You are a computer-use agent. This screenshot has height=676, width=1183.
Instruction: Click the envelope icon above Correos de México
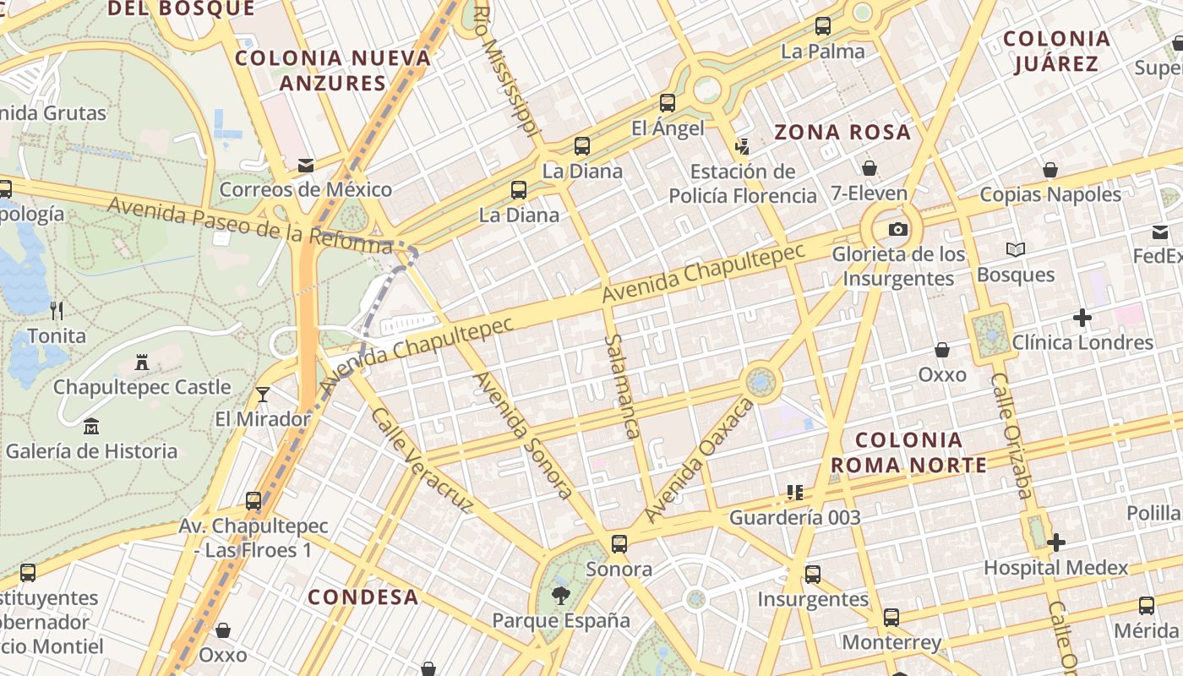point(306,166)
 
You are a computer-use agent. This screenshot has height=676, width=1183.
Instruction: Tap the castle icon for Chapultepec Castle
point(142,363)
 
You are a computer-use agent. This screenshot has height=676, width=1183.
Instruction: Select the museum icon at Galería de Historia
point(91,427)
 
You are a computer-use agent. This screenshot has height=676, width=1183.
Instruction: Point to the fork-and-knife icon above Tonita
point(57,310)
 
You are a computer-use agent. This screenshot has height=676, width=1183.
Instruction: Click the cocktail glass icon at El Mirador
point(263,395)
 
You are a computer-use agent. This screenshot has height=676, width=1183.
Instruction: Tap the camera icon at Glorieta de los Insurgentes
point(897,230)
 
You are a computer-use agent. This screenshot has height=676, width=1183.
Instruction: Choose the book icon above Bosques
point(1015,250)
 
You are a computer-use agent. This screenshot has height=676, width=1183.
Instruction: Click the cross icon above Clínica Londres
point(1082,318)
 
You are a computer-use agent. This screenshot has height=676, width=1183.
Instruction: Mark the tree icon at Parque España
point(560,596)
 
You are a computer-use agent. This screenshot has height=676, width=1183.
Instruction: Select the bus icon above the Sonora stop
point(619,543)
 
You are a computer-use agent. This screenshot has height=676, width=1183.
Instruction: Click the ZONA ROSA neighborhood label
point(842,133)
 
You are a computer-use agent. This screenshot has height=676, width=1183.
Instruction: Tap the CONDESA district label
point(363,597)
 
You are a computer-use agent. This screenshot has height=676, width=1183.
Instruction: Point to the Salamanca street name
point(620,385)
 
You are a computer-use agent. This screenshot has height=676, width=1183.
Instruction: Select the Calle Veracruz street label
point(421,461)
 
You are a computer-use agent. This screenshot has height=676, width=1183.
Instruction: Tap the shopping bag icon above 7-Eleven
point(869,168)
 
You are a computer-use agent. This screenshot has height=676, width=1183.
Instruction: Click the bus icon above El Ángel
point(668,103)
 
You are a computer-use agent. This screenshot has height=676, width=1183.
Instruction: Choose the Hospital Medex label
point(1055,568)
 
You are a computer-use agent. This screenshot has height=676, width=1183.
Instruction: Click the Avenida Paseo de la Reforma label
point(250,224)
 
